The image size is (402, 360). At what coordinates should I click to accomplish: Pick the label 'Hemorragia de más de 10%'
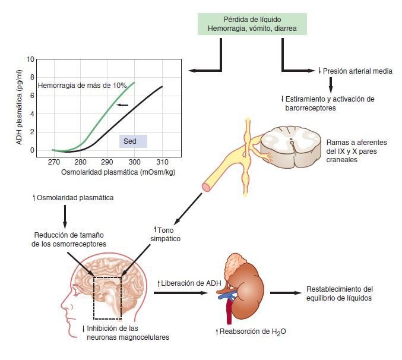(82, 86)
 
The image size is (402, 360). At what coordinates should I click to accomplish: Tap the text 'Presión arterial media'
(358, 71)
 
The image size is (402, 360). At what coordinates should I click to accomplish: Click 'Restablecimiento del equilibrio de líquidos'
(339, 293)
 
